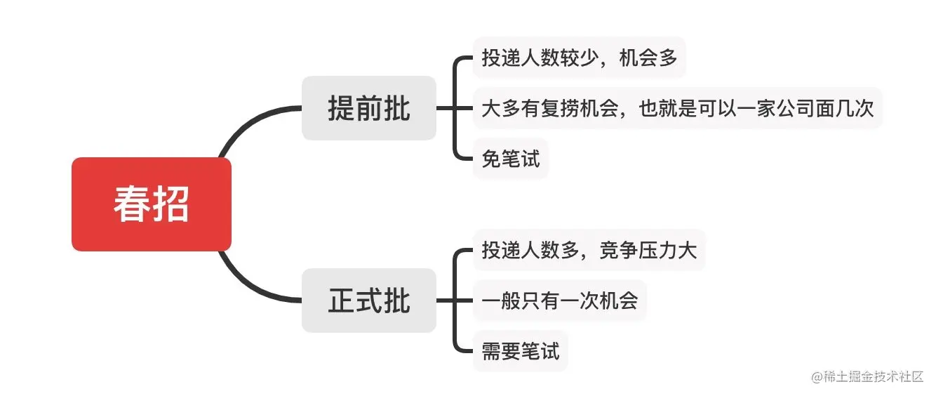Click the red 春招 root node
click(x=152, y=204)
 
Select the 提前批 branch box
click(x=369, y=108)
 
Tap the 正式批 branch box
click(x=369, y=301)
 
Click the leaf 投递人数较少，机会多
click(x=579, y=58)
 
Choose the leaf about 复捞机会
click(x=677, y=108)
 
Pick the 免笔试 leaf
click(x=510, y=159)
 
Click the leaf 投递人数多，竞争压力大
click(x=589, y=249)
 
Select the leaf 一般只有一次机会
click(x=559, y=301)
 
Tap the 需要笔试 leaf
click(x=520, y=350)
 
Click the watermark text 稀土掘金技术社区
click(x=874, y=376)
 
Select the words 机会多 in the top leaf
click(x=648, y=58)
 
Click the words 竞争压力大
click(x=648, y=249)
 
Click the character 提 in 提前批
click(x=342, y=108)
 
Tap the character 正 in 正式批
click(x=342, y=301)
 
